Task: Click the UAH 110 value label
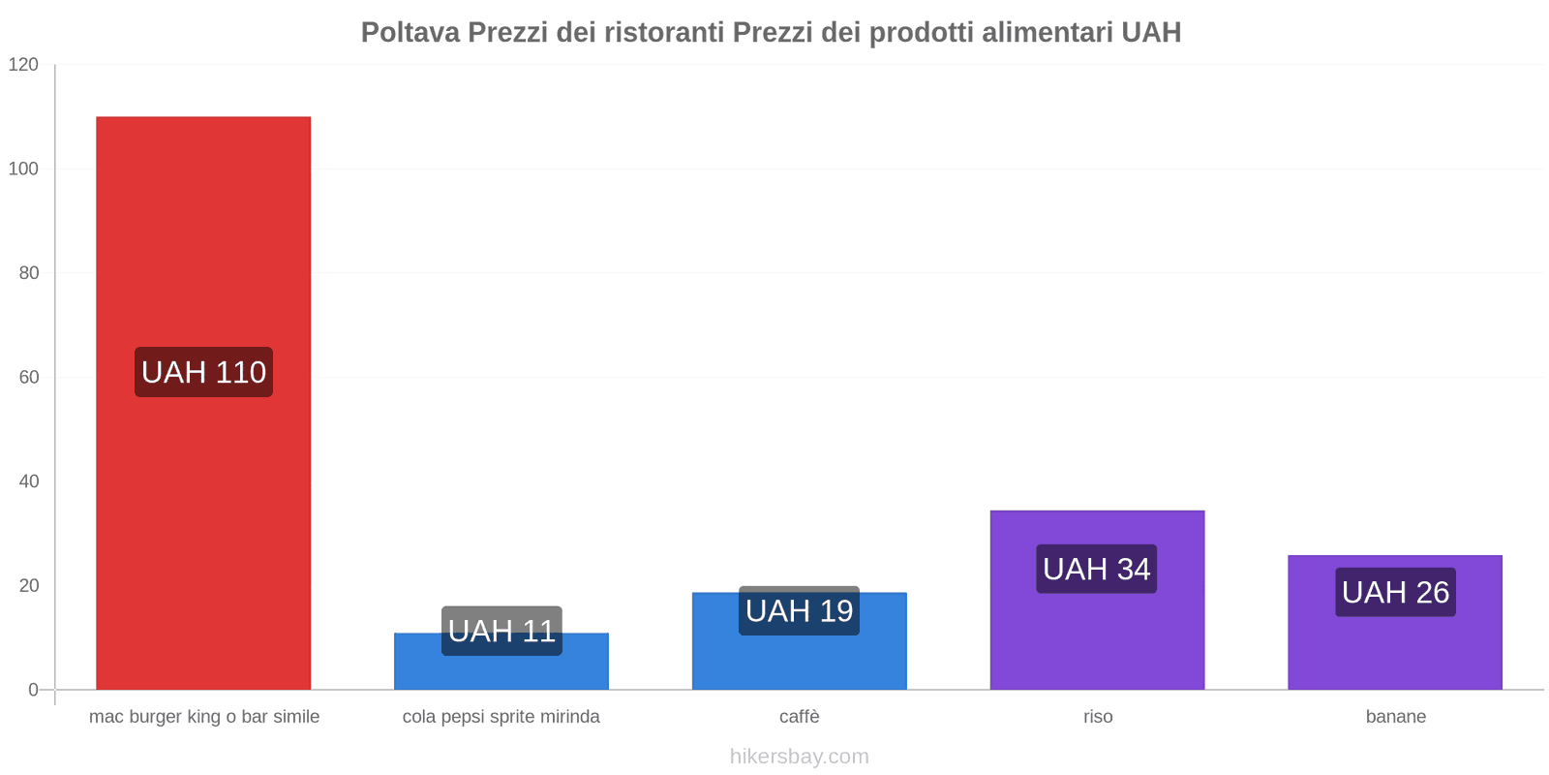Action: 203,372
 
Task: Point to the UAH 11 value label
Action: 501,631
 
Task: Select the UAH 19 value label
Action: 800,610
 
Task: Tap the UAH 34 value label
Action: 1097,569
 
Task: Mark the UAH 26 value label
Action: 1395,592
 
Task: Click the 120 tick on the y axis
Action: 23,65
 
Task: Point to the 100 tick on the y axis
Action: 23,169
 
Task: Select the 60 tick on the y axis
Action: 29,377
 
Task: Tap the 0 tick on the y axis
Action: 34,690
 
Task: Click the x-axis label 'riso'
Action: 1098,717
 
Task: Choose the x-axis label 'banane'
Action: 1395,717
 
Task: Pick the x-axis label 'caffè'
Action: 800,717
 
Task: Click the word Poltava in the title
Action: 410,33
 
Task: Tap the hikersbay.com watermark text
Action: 800,757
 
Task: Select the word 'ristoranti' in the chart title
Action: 669,33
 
